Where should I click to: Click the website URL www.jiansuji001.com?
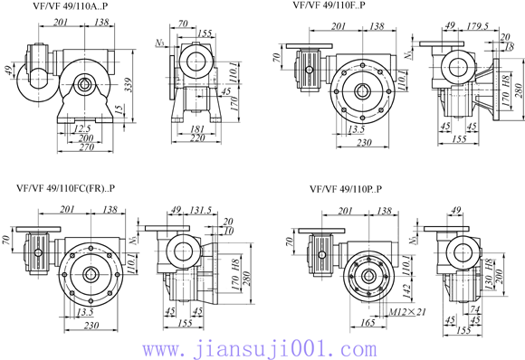pos(262,347)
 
